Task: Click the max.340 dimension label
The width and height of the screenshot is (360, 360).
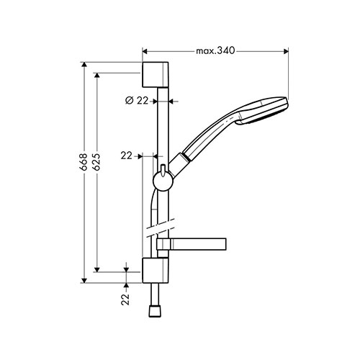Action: click(215, 51)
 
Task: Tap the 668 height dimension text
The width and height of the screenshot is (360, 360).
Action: click(84, 162)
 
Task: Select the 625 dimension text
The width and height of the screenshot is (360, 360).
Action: click(96, 162)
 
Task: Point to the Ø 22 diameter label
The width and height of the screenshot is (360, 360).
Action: click(137, 101)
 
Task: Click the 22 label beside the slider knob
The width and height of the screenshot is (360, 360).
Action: click(127, 156)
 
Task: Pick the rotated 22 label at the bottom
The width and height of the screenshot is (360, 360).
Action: click(125, 300)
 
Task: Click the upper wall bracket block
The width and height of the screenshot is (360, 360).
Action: click(156, 75)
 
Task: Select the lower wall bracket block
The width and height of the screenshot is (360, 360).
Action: click(156, 271)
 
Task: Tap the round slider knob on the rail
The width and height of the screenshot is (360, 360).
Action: click(163, 181)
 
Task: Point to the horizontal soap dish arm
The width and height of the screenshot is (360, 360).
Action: click(192, 244)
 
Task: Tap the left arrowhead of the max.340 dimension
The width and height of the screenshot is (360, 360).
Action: click(145, 51)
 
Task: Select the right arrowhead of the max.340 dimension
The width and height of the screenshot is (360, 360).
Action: click(286, 51)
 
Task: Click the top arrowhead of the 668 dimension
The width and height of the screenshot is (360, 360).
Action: click(84, 64)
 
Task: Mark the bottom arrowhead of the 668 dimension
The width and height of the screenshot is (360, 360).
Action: click(84, 281)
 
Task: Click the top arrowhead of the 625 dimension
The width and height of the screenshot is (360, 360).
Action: click(96, 75)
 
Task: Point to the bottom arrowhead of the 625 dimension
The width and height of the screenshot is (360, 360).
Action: click(96, 270)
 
